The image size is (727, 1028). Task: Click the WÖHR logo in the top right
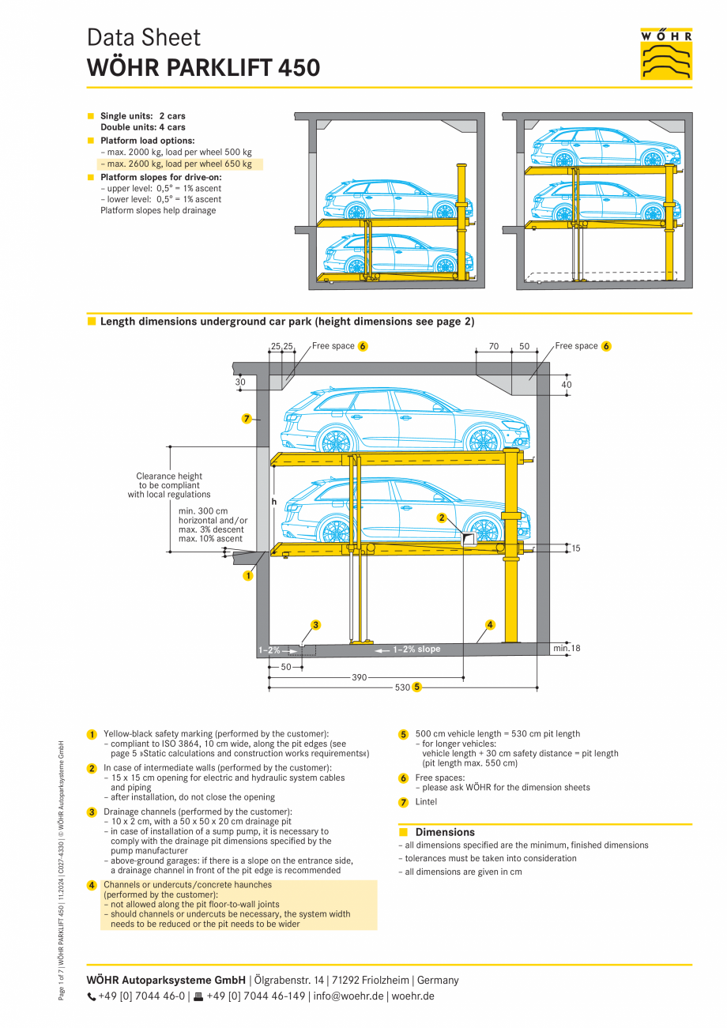point(666,54)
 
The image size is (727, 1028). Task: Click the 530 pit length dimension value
point(402,687)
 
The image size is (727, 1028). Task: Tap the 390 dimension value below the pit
point(360,677)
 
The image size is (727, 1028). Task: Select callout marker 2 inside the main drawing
point(443,518)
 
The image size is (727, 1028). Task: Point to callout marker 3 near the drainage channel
point(315,625)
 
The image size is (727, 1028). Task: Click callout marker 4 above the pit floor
point(490,625)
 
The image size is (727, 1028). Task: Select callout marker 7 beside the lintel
point(247,418)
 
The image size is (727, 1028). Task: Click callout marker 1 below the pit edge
point(247,576)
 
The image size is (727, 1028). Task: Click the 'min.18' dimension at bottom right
point(567,649)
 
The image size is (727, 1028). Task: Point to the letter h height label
point(273,501)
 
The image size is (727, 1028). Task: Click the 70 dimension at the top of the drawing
point(493,346)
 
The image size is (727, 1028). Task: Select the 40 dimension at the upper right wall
point(566,385)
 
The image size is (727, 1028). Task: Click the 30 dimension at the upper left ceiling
point(240,382)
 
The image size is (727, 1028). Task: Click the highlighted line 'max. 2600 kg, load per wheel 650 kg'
point(179,164)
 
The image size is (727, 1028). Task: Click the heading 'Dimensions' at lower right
point(445,832)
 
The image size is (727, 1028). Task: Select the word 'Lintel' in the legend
point(426,802)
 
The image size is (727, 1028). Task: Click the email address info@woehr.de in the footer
point(348,996)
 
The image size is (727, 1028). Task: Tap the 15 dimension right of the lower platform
point(575,548)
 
